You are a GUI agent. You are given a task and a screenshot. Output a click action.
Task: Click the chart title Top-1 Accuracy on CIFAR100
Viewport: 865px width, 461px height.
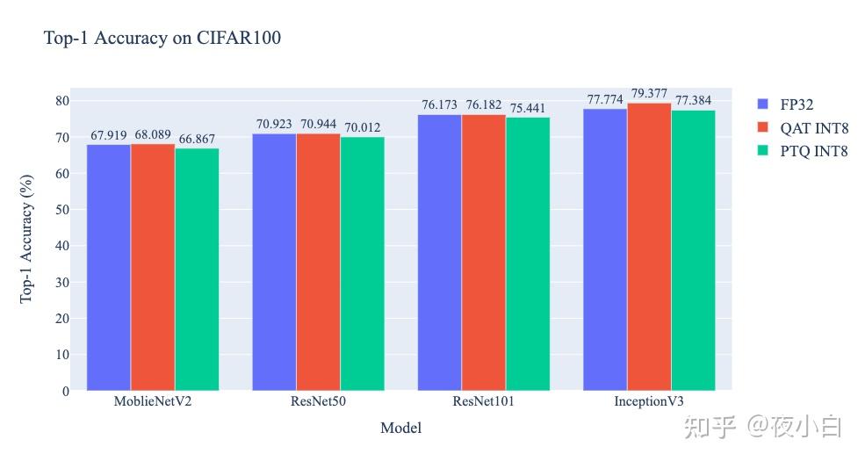point(162,38)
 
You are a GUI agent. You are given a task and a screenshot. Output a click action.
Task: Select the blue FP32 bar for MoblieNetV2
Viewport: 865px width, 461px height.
point(109,268)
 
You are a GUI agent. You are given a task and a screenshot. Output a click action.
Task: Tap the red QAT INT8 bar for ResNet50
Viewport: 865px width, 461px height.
point(318,262)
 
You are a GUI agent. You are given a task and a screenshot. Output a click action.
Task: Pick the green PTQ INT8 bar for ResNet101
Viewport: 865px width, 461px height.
point(528,255)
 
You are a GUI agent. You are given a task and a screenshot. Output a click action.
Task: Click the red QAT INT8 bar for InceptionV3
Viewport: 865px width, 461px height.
point(649,247)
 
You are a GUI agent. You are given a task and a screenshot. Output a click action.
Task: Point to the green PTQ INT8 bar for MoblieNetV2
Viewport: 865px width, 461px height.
point(197,270)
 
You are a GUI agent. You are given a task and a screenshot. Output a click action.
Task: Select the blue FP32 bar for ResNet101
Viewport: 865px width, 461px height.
point(440,253)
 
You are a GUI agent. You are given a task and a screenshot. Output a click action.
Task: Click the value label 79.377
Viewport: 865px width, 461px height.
point(649,93)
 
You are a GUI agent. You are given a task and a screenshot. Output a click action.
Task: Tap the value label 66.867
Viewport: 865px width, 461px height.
point(197,139)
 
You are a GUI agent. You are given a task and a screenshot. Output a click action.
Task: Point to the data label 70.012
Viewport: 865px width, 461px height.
point(363,127)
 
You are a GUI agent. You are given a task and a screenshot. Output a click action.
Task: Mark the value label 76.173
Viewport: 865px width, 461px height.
point(440,104)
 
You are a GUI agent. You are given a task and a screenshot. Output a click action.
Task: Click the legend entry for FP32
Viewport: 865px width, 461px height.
point(786,104)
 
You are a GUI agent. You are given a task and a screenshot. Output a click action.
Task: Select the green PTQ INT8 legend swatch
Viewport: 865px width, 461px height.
point(763,150)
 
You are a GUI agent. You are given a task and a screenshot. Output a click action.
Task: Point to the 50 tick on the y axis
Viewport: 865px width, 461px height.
point(62,210)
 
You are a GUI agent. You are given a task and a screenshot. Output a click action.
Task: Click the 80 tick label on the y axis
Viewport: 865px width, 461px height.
point(62,101)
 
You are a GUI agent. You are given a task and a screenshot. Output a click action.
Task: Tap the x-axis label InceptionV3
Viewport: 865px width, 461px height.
point(649,401)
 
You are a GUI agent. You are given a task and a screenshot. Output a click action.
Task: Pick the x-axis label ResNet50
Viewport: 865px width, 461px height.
point(318,401)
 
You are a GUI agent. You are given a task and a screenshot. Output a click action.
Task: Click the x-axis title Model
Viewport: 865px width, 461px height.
point(401,428)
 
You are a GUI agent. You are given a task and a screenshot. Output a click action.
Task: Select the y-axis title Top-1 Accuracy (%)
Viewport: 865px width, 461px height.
point(26,239)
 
